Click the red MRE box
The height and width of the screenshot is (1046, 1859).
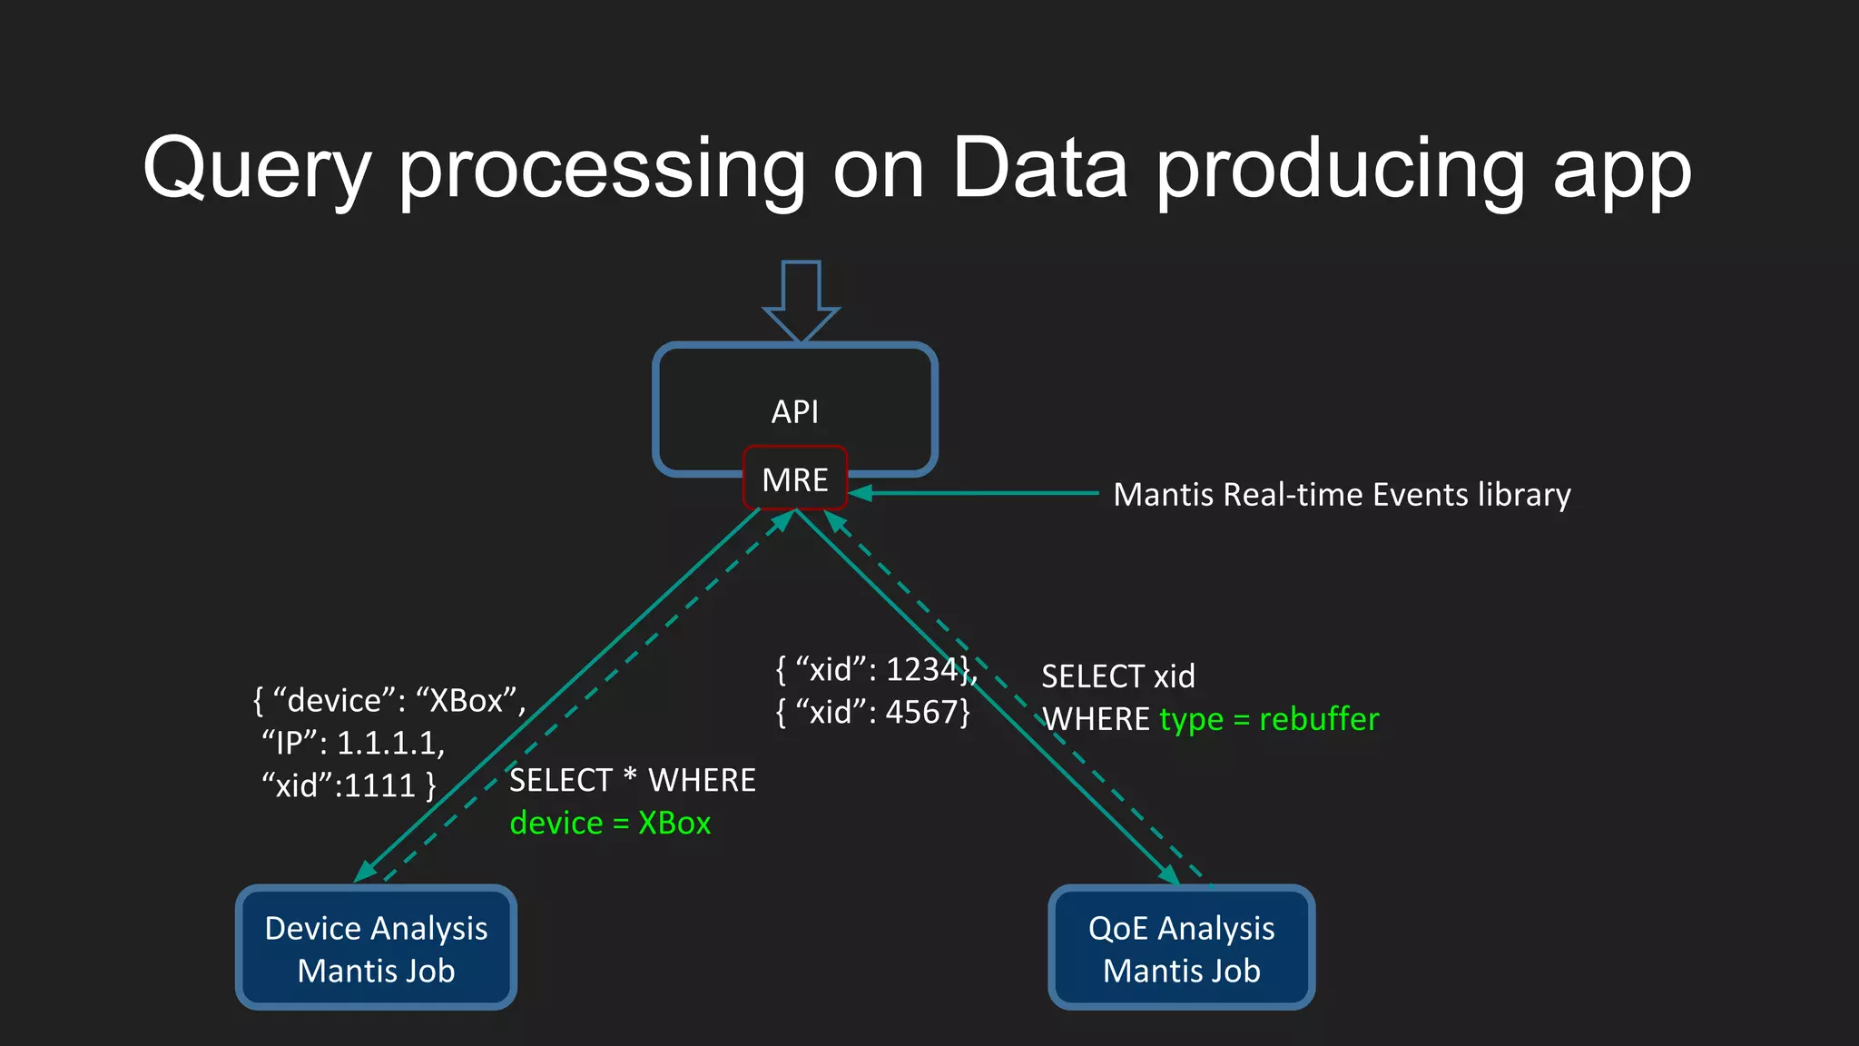click(x=795, y=479)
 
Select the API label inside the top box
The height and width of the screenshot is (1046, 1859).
click(x=795, y=411)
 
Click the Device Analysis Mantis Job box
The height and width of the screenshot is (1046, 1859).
click(x=376, y=948)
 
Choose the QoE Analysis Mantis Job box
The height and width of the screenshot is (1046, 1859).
click(x=1181, y=948)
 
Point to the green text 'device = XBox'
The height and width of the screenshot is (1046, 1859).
click(x=610, y=823)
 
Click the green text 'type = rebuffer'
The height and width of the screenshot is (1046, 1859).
click(x=1269, y=719)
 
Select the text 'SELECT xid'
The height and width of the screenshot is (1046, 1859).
click(x=1117, y=676)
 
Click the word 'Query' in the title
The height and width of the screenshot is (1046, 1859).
click(x=257, y=170)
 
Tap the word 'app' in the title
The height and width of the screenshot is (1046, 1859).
click(x=1621, y=170)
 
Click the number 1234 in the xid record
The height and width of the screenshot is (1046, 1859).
click(x=920, y=669)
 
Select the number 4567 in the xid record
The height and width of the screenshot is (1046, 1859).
click(x=920, y=712)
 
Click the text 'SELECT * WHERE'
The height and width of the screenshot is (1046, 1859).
click(x=632, y=781)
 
